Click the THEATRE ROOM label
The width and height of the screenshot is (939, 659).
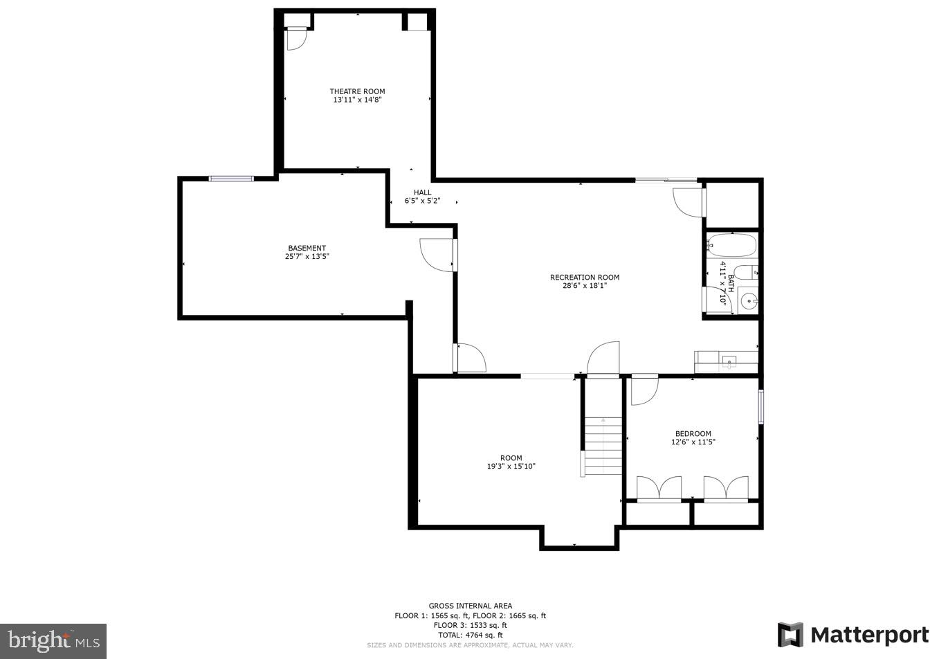pyautogui.click(x=357, y=91)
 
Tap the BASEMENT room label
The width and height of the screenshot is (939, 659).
pyautogui.click(x=307, y=248)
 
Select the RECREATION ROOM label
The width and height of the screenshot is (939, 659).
pyautogui.click(x=585, y=277)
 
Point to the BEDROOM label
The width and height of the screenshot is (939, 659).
pyautogui.click(x=693, y=433)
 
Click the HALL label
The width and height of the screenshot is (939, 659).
pyautogui.click(x=422, y=192)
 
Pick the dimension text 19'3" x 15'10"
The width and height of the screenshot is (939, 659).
pyautogui.click(x=511, y=467)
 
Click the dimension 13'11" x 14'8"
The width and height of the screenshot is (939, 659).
pyautogui.click(x=357, y=100)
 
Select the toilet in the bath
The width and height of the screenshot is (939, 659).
pyautogui.click(x=746, y=272)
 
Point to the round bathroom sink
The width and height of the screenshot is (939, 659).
pyautogui.click(x=748, y=301)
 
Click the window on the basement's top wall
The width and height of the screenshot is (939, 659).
pyautogui.click(x=231, y=179)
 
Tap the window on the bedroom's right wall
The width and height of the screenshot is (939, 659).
pyautogui.click(x=760, y=406)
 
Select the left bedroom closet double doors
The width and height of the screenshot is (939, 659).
pyautogui.click(x=659, y=489)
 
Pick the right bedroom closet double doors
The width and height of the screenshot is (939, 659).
pyautogui.click(x=726, y=489)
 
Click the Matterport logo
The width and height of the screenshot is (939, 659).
pyautogui.click(x=853, y=635)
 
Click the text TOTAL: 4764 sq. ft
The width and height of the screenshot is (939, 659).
pyautogui.click(x=470, y=635)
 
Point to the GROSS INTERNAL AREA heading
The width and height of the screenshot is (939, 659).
pyautogui.click(x=470, y=606)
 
